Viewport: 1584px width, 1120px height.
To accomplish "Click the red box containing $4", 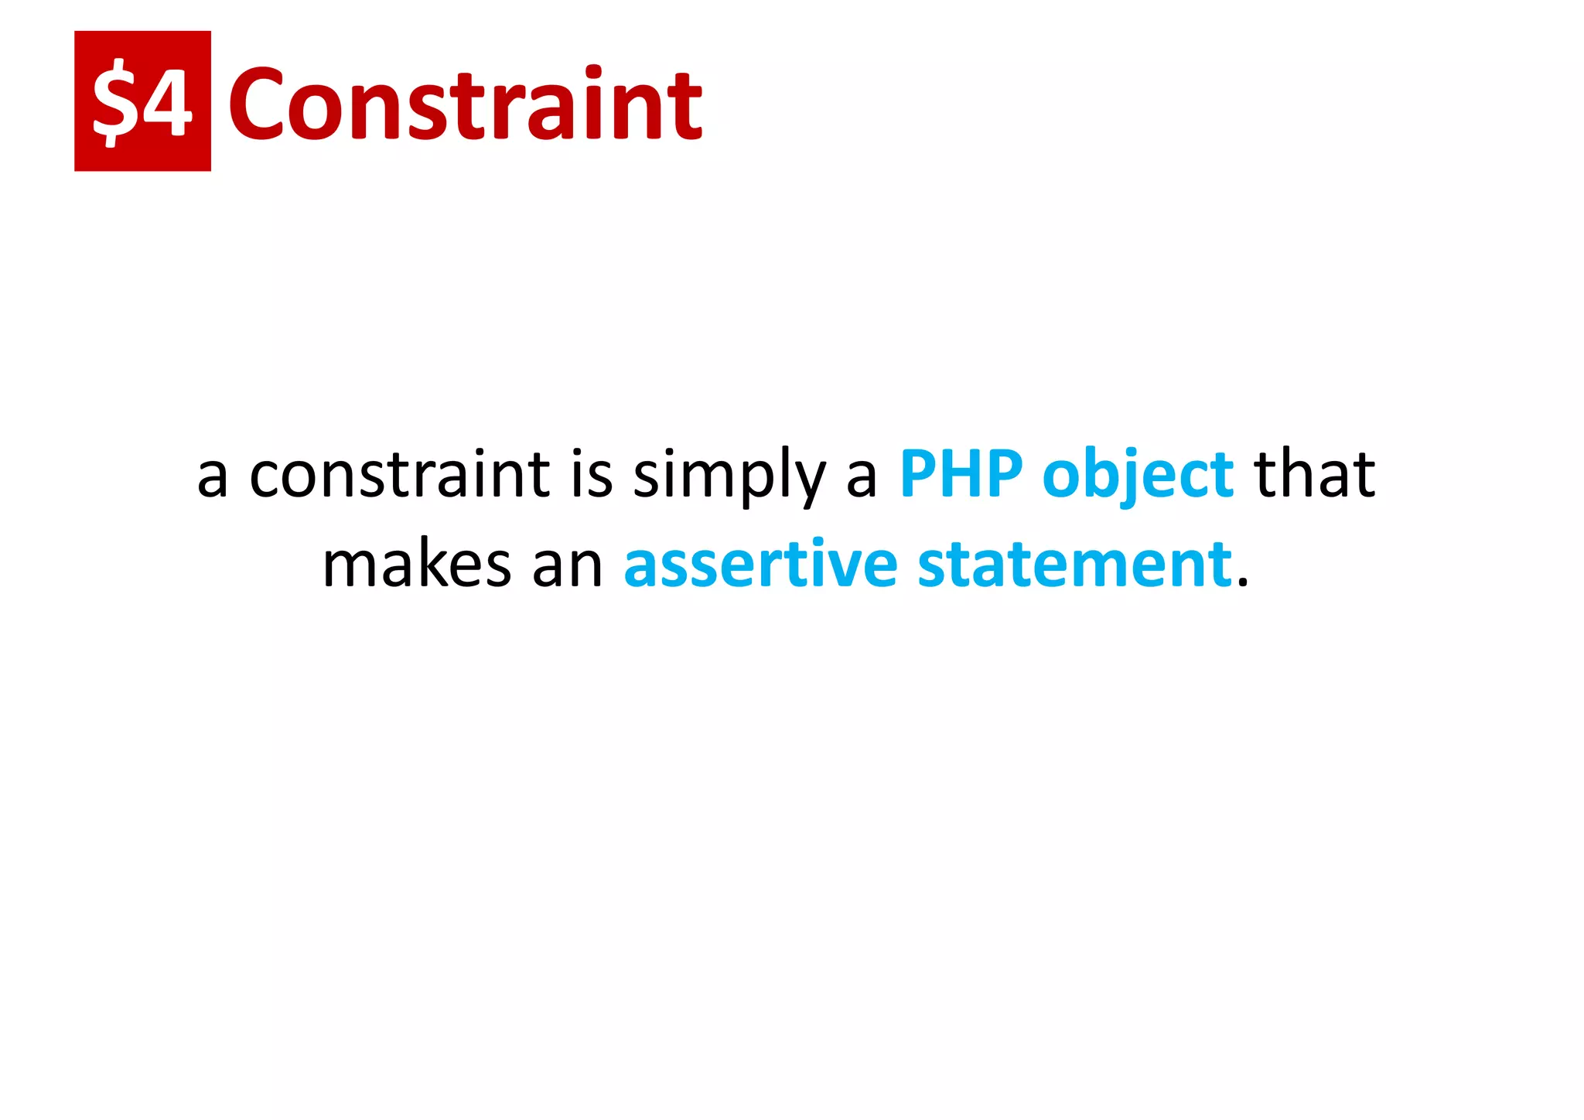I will click(x=142, y=101).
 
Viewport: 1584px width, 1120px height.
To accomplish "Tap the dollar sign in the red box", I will click(x=114, y=104).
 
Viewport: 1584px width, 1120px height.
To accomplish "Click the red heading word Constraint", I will click(x=465, y=104).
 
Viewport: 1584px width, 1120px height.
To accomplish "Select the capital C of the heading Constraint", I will click(x=258, y=104).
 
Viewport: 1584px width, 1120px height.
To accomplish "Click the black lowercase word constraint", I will click(x=400, y=474).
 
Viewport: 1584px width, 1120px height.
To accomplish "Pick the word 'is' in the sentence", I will click(x=592, y=474).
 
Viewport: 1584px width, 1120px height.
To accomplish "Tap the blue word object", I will click(x=1138, y=476).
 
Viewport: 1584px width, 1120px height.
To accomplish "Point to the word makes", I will click(x=417, y=565).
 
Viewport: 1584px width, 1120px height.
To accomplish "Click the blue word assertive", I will click(x=760, y=565).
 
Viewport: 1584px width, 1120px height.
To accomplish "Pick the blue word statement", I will click(x=1074, y=565).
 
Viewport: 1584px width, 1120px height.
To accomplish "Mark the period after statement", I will click(x=1243, y=583).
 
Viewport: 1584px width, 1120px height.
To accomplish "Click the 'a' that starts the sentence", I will click(x=212, y=477).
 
